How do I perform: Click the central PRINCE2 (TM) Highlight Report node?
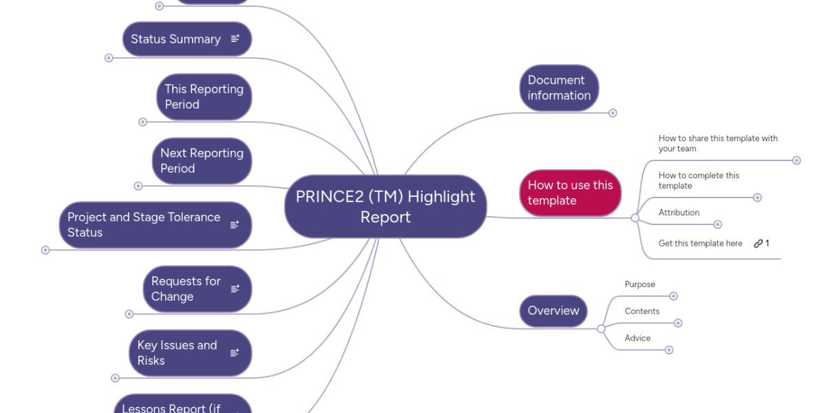coord(385,206)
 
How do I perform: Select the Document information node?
coord(559,88)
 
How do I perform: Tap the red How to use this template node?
coord(570,193)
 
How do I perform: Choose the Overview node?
coord(553,310)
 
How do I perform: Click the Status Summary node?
coord(176,39)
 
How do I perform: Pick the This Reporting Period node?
coord(204,97)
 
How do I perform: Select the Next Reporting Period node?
coord(202,161)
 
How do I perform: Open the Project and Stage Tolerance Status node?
coord(144,225)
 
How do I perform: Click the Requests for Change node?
coord(186,289)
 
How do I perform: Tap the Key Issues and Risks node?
coord(177,353)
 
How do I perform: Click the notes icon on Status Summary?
coord(235,39)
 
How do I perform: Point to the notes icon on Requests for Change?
coord(235,289)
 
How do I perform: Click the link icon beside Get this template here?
coord(758,243)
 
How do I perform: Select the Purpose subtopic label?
coord(639,284)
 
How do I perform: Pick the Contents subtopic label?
coord(642,311)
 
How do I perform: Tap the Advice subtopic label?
coord(637,338)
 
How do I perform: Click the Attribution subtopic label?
coord(679,213)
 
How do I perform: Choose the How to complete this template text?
coord(699,180)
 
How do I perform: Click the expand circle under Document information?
coord(613,113)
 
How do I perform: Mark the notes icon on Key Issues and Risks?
coord(235,353)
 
